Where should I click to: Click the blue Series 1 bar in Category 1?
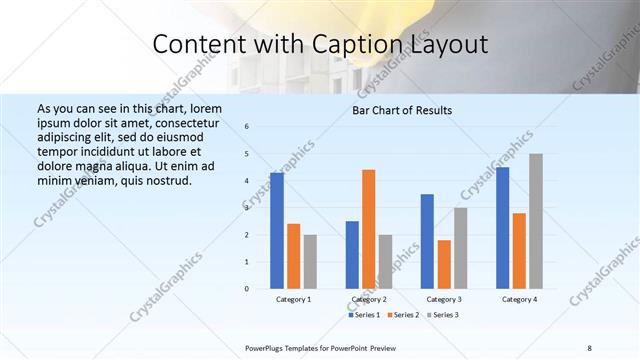[x=276, y=231]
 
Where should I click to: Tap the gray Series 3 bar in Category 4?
[x=536, y=221]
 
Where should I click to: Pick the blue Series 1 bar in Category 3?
[x=427, y=241]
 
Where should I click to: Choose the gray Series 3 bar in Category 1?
[x=310, y=261]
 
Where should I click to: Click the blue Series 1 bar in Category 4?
[x=503, y=228]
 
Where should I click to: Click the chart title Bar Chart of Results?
[x=402, y=110]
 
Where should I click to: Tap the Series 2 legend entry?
[x=402, y=315]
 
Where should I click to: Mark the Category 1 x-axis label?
[x=293, y=299]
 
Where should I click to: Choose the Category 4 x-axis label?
[x=519, y=299]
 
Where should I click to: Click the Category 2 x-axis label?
[x=369, y=299]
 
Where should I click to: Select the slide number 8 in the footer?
[x=589, y=347]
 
